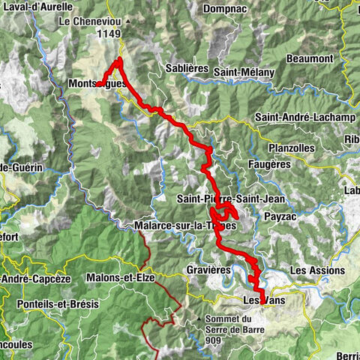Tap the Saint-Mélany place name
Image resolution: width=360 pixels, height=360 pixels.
click(x=243, y=72)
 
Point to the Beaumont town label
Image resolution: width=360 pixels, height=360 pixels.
click(x=309, y=58)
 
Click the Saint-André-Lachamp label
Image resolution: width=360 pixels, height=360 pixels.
click(x=299, y=117)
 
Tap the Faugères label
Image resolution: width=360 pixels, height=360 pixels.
click(x=268, y=163)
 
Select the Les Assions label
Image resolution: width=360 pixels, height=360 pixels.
click(x=317, y=270)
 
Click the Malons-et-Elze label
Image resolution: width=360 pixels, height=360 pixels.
click(x=121, y=277)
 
